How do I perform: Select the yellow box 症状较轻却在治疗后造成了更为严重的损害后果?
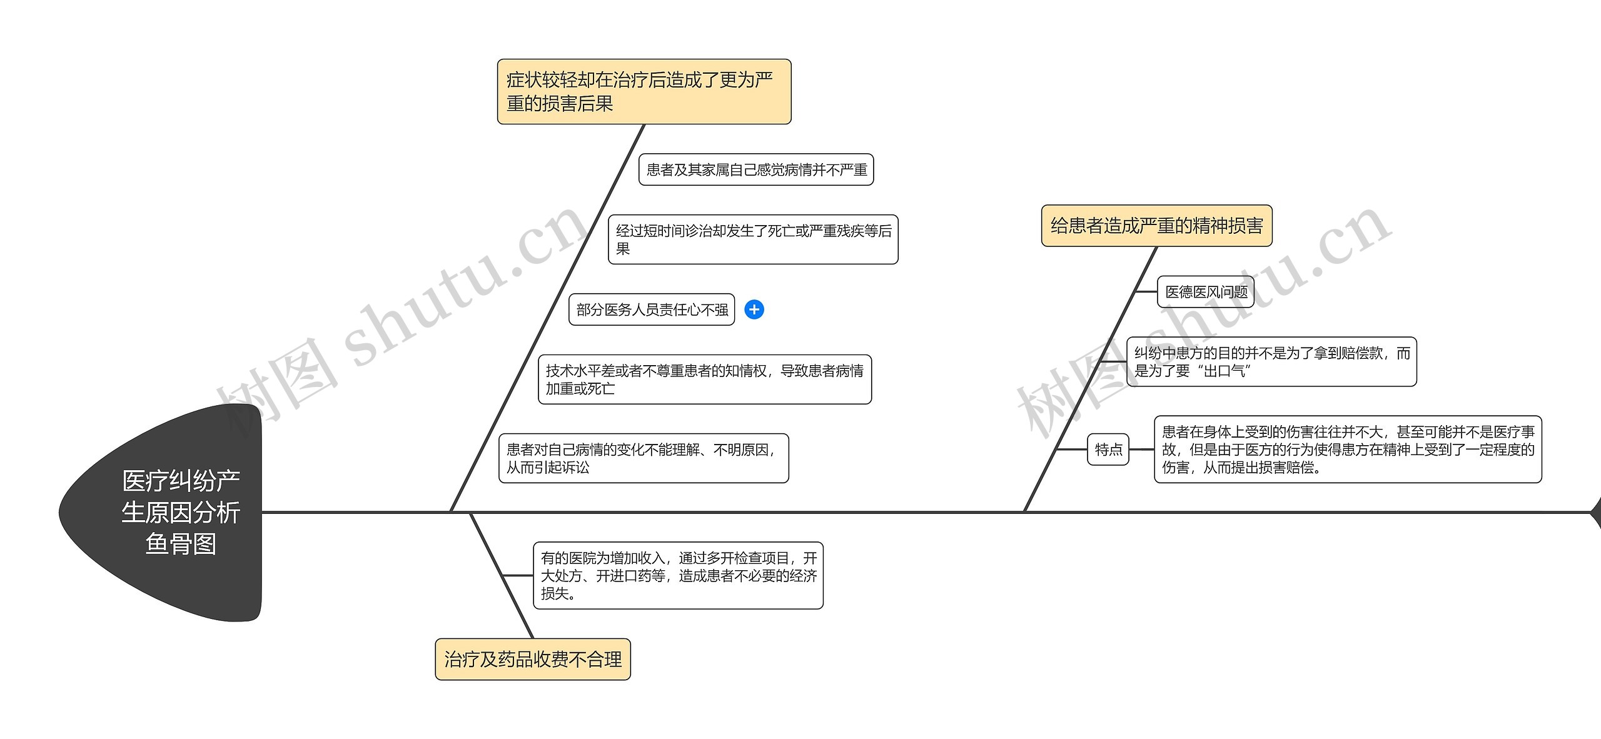[644, 91]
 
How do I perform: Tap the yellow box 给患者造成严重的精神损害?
[1156, 225]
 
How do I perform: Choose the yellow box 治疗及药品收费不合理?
[532, 659]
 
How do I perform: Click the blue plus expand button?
[754, 309]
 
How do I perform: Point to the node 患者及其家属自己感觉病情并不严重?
[755, 169]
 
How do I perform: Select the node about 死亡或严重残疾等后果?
[753, 239]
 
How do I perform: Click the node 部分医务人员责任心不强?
[652, 309]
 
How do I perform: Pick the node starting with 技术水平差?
[704, 380]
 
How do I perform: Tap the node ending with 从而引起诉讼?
[643, 458]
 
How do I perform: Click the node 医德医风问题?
[1206, 292]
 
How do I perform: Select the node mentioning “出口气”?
[1271, 362]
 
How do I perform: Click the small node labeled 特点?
[1108, 449]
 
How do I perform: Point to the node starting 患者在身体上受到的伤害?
[1348, 450]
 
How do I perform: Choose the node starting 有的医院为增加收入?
[678, 575]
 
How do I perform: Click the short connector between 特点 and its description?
[1141, 450]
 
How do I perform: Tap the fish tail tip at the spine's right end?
[1595, 512]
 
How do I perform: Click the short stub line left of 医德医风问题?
[1146, 292]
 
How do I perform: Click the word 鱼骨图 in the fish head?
[181, 544]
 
